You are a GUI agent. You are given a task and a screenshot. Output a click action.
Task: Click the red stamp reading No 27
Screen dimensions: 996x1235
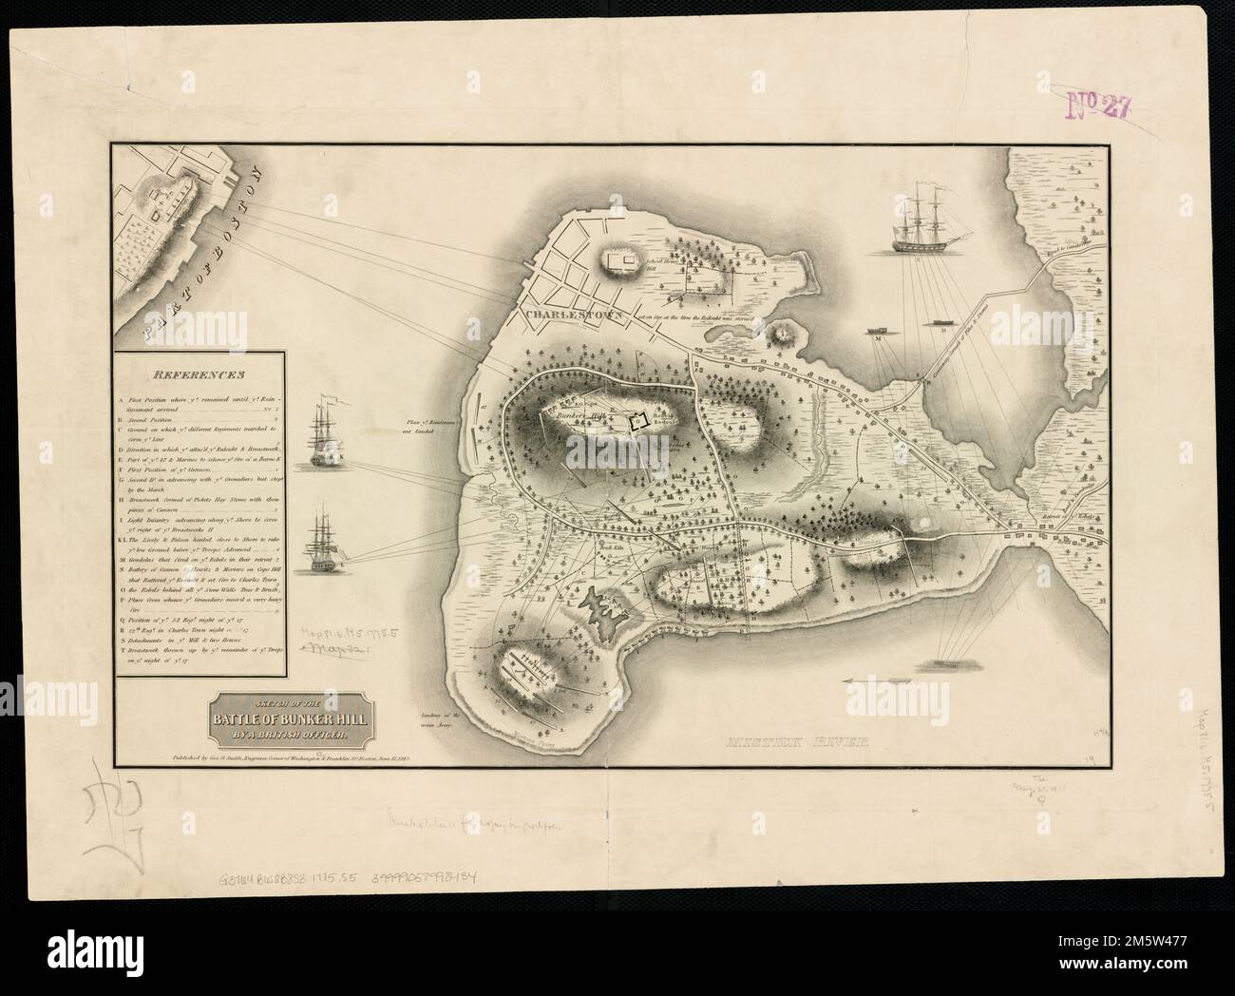pos(1098,104)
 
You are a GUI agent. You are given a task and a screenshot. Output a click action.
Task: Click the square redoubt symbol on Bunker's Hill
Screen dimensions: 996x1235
pos(637,421)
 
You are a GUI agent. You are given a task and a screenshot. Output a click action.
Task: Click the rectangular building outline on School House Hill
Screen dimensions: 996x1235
pos(623,261)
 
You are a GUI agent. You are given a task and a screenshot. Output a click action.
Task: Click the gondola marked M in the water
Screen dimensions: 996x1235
pos(874,335)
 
